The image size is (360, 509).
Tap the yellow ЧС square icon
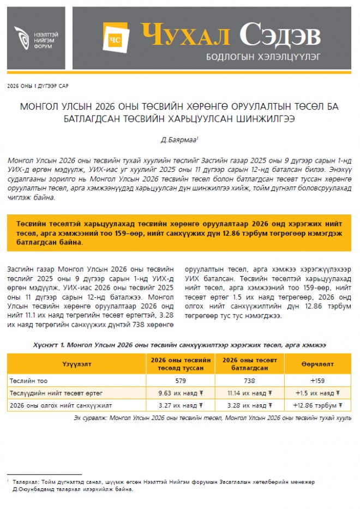click(115, 39)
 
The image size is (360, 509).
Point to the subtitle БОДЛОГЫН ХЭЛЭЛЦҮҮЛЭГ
click(263, 56)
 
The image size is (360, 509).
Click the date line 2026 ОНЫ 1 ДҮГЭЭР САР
click(38, 86)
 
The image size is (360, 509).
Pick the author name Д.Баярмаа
click(178, 140)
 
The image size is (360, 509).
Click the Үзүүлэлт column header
click(76, 364)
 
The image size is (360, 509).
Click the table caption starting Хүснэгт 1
click(179, 345)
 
